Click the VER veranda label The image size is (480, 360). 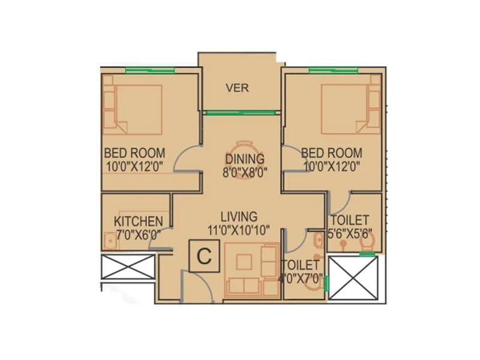(x=237, y=88)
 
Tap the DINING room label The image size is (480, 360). (x=245, y=159)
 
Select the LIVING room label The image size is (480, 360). (x=238, y=216)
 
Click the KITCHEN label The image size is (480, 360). (x=138, y=221)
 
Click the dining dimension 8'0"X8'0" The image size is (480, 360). (x=245, y=172)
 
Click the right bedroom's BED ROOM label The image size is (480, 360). (x=332, y=152)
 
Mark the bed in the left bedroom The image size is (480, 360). (x=138, y=109)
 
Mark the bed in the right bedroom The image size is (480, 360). (x=344, y=109)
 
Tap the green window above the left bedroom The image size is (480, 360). (x=150, y=70)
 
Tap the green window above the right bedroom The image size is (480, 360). (x=333, y=70)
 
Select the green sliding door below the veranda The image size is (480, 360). (x=241, y=112)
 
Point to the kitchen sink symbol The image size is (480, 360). (x=109, y=241)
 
